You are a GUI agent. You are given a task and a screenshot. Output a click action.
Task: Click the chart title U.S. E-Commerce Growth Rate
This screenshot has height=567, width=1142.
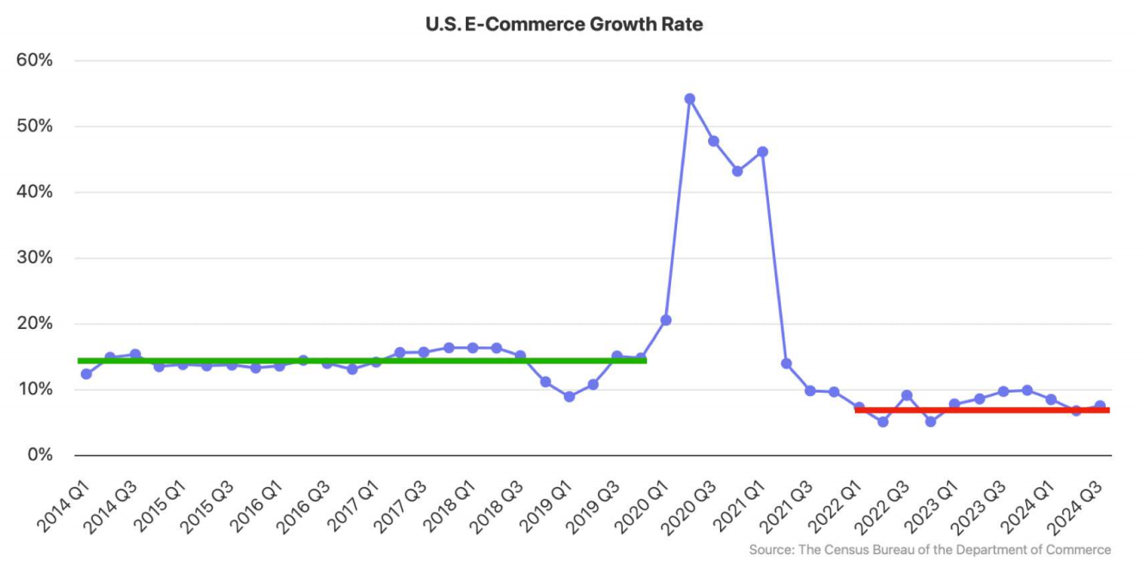pos(564,24)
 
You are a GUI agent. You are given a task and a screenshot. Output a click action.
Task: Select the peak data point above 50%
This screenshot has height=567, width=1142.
pos(689,99)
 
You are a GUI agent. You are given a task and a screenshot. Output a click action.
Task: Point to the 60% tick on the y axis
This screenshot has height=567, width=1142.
pos(34,60)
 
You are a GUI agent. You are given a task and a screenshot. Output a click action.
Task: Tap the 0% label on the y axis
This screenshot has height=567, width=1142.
pos(40,454)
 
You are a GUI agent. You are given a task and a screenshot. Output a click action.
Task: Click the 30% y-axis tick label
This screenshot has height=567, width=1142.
pos(34,258)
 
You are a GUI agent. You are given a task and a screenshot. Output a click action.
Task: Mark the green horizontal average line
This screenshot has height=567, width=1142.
pos(361,360)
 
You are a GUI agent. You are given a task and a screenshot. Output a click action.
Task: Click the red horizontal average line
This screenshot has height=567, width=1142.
pos(981,410)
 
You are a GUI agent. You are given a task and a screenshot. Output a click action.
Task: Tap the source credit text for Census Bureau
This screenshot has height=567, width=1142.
pos(930,550)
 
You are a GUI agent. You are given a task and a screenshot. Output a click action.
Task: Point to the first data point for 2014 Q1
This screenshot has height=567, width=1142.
pos(86,374)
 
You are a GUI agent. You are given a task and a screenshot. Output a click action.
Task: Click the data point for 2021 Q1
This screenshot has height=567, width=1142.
pos(762,152)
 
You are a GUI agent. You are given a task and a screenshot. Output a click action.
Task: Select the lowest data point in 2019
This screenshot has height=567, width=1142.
pos(569,396)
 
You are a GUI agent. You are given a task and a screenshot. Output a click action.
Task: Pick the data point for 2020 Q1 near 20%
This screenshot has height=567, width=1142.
pos(665,320)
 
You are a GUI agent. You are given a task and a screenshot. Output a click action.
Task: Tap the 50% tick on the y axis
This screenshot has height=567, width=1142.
pos(34,126)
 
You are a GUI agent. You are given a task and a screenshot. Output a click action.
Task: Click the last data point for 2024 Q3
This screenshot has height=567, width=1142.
pos(1100,405)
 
